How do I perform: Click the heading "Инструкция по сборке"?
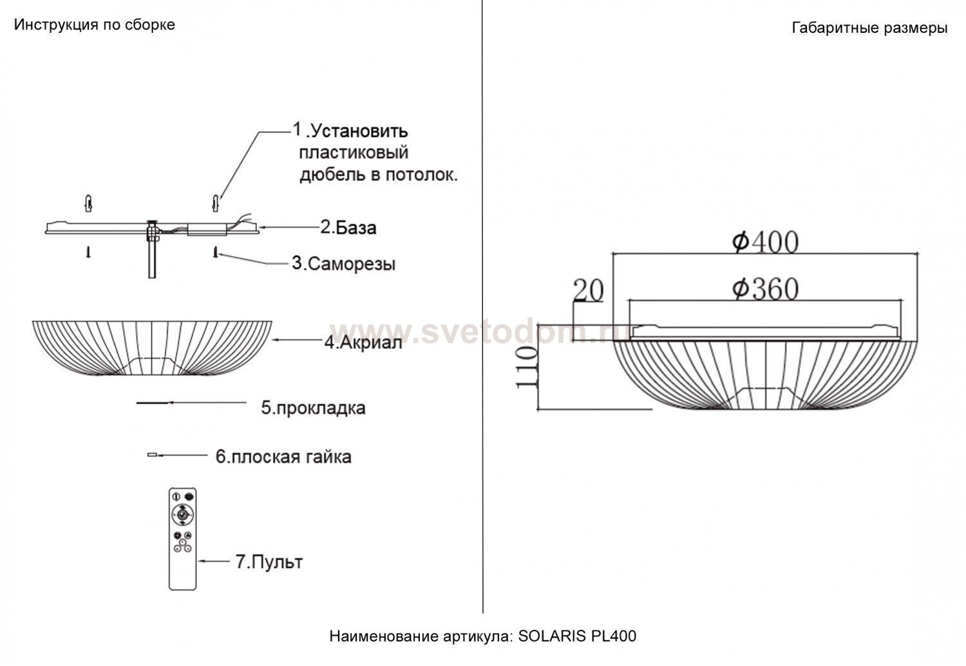click(x=95, y=25)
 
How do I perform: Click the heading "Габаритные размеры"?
click(x=870, y=28)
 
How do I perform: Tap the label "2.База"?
click(x=348, y=227)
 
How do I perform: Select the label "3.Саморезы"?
click(x=344, y=264)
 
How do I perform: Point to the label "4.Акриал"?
click(x=363, y=343)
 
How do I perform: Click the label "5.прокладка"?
click(x=314, y=407)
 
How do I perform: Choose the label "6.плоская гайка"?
click(x=283, y=457)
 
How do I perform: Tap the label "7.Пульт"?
click(x=269, y=562)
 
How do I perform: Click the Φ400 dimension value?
click(x=766, y=242)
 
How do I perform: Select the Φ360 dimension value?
click(x=766, y=289)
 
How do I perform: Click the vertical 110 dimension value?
click(x=527, y=367)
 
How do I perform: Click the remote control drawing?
click(x=182, y=539)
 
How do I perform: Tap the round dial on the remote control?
click(x=182, y=515)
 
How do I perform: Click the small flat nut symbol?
click(x=152, y=454)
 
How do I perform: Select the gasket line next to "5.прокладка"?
click(x=154, y=403)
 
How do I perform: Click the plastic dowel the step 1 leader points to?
click(x=216, y=203)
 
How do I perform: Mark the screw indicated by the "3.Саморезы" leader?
click(x=216, y=252)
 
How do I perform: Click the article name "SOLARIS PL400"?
click(x=577, y=636)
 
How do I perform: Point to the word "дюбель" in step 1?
click(x=332, y=175)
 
